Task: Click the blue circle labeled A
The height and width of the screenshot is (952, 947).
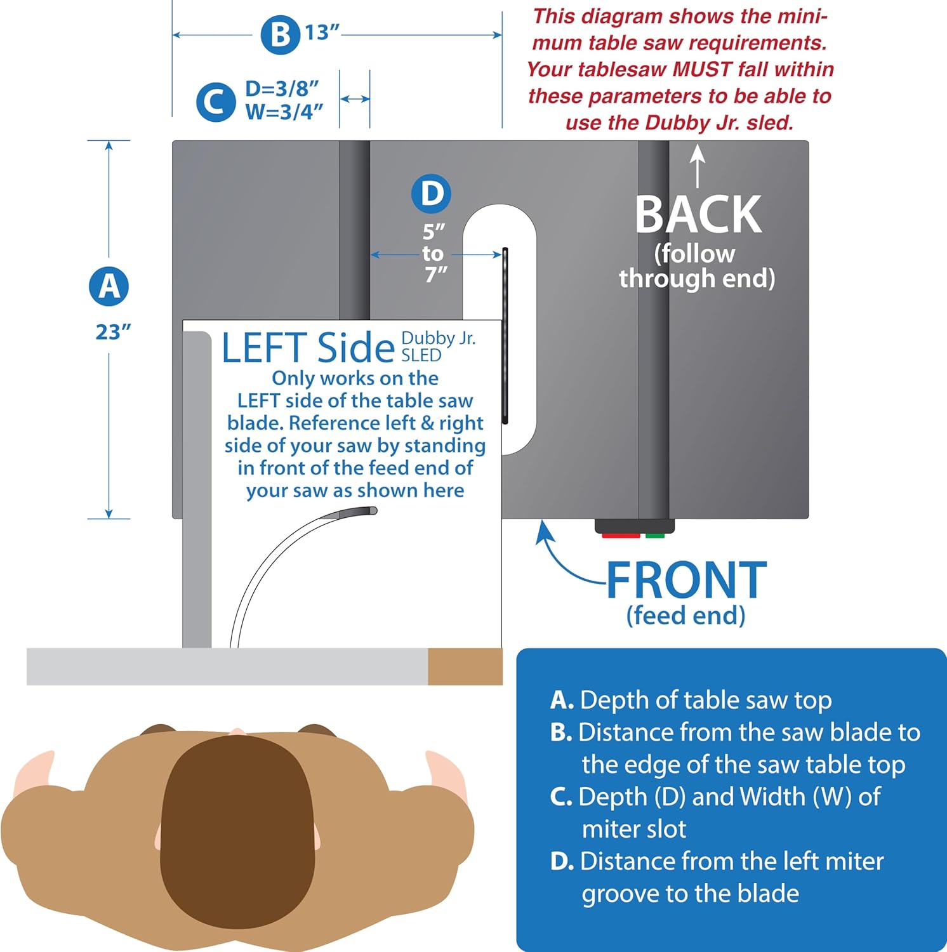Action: pos(109,286)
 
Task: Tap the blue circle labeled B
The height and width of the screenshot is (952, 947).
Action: pos(280,35)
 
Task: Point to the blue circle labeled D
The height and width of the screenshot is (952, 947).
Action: pos(432,194)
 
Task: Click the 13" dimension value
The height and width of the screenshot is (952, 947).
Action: pos(322,32)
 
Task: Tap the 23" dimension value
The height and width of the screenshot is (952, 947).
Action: pos(113,332)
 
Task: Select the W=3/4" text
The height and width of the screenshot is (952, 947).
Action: pos(284,112)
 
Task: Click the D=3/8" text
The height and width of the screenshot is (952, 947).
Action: pos(282,89)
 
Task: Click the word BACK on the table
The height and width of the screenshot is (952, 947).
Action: pos(698,215)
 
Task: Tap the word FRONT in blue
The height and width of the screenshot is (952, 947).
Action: pos(687,580)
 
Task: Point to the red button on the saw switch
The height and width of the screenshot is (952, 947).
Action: pos(621,536)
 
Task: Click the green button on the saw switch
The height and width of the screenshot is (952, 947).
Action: pos(654,536)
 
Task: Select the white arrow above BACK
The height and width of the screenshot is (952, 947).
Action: pos(698,166)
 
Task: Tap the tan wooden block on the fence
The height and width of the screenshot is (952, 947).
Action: pos(465,666)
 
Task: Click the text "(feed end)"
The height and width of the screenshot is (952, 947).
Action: pos(685,616)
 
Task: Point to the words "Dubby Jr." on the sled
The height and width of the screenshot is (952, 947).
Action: pos(438,339)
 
